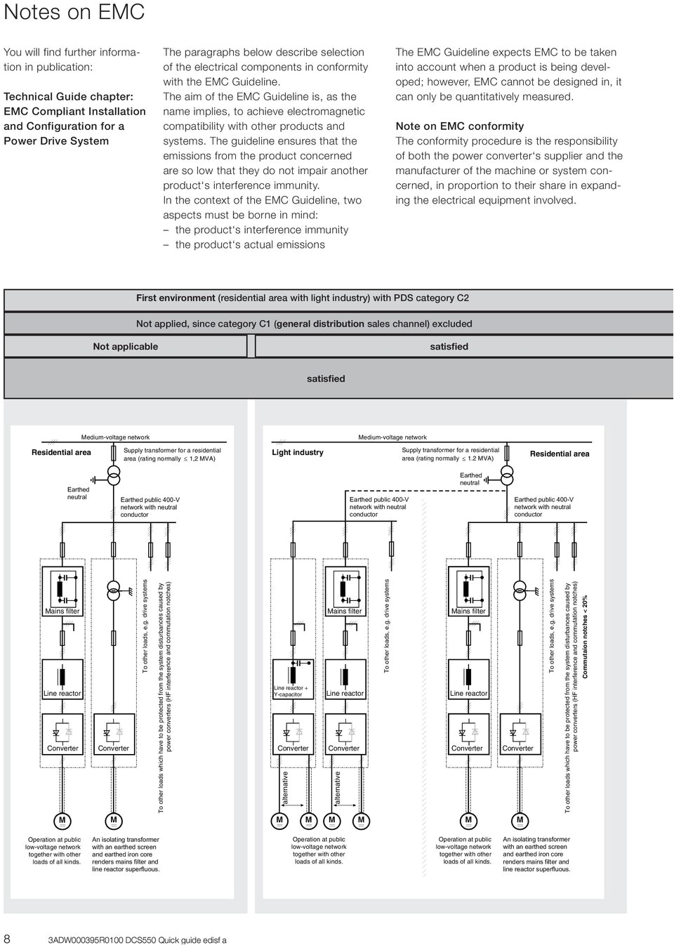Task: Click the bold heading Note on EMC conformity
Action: pos(459,126)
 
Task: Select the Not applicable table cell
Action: pos(125,346)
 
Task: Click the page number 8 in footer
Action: pos(6,938)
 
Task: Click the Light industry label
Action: pos(298,452)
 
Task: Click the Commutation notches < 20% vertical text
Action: pos(586,637)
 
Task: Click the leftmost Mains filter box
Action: pos(62,593)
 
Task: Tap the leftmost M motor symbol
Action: pos(62,820)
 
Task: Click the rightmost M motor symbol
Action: pos(520,820)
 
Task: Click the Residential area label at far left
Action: pos(61,452)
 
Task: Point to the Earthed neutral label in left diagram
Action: pos(78,493)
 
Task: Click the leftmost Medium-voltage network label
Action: pos(115,437)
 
